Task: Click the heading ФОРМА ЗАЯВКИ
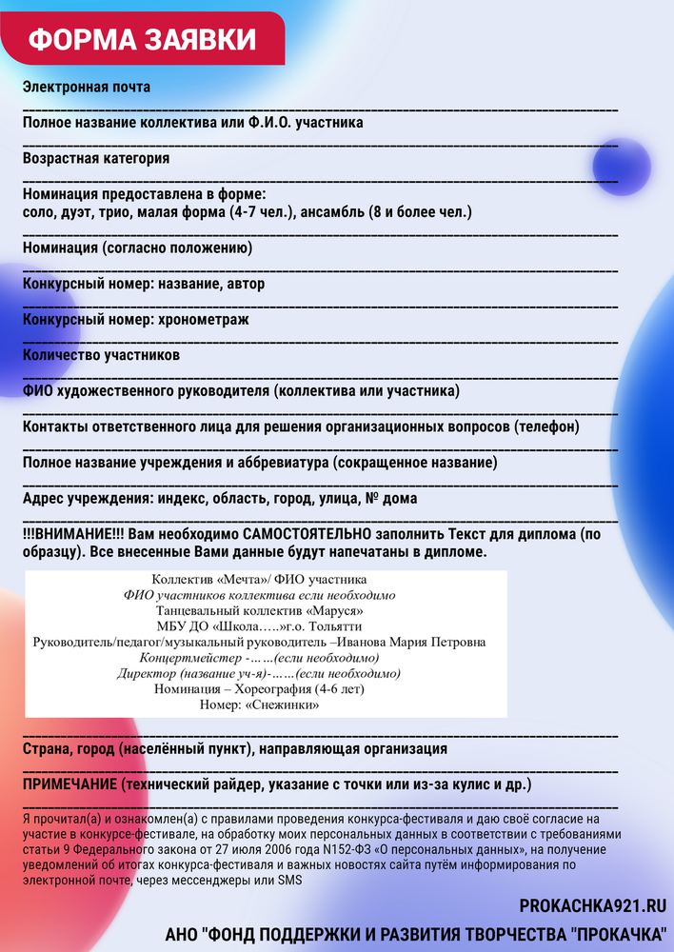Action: pyautogui.click(x=142, y=39)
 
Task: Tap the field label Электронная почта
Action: pyautogui.click(x=87, y=88)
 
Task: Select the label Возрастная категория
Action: pyautogui.click(x=96, y=158)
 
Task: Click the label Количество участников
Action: pyautogui.click(x=101, y=355)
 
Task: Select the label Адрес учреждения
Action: pyautogui.click(x=88, y=498)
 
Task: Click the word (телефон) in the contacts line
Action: pyautogui.click(x=546, y=426)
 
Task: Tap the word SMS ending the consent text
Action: pyautogui.click(x=289, y=881)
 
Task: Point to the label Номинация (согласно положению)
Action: pyautogui.click(x=137, y=248)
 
